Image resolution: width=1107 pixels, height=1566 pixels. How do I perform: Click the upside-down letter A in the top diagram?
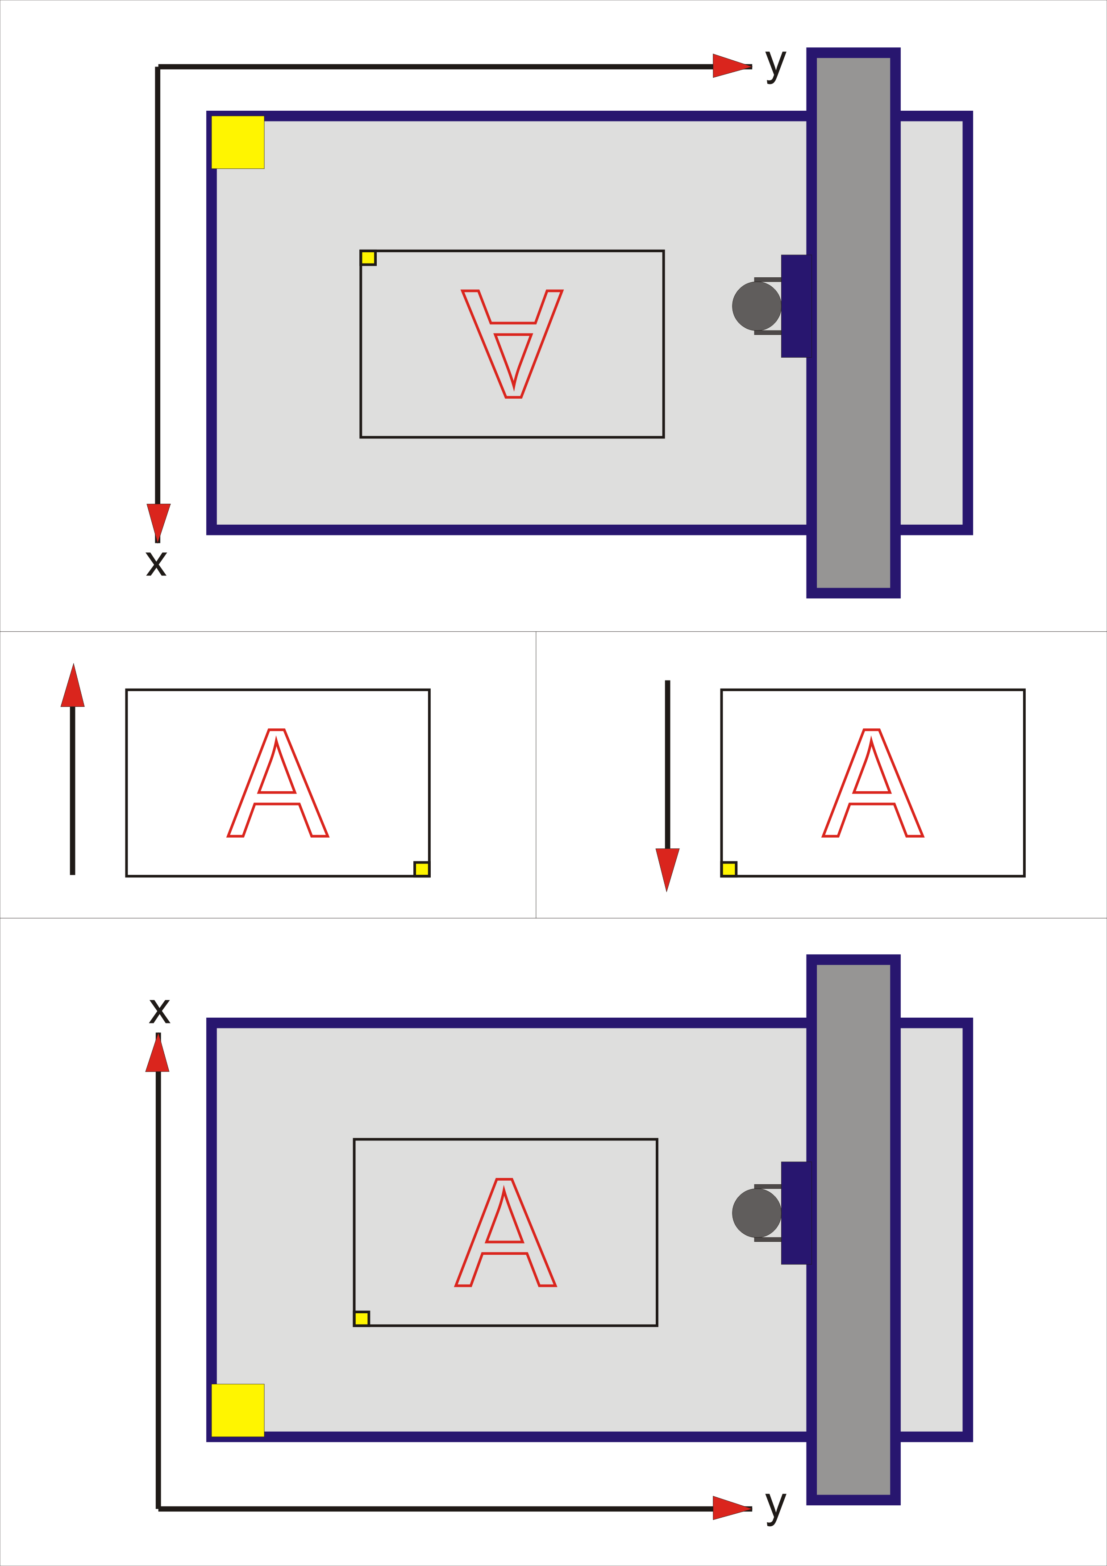[512, 343]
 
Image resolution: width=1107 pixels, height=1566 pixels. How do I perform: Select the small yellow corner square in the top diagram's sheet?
[368, 258]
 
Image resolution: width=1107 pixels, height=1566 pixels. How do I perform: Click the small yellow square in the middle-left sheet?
[422, 869]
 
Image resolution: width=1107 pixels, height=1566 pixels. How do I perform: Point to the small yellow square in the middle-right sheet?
[728, 869]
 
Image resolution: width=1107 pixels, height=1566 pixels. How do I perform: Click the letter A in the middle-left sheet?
[278, 783]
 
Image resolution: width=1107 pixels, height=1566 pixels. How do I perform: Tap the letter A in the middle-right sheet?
[873, 783]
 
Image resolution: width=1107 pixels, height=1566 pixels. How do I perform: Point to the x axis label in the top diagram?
[156, 564]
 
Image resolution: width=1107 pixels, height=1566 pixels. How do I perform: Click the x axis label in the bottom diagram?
[159, 1011]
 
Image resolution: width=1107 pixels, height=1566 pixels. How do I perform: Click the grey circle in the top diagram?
[757, 306]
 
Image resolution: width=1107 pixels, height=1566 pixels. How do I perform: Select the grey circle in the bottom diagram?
[757, 1213]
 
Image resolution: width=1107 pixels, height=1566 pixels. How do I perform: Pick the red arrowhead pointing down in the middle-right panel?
[667, 868]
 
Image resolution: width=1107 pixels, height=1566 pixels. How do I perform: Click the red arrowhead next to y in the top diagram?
[731, 66]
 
